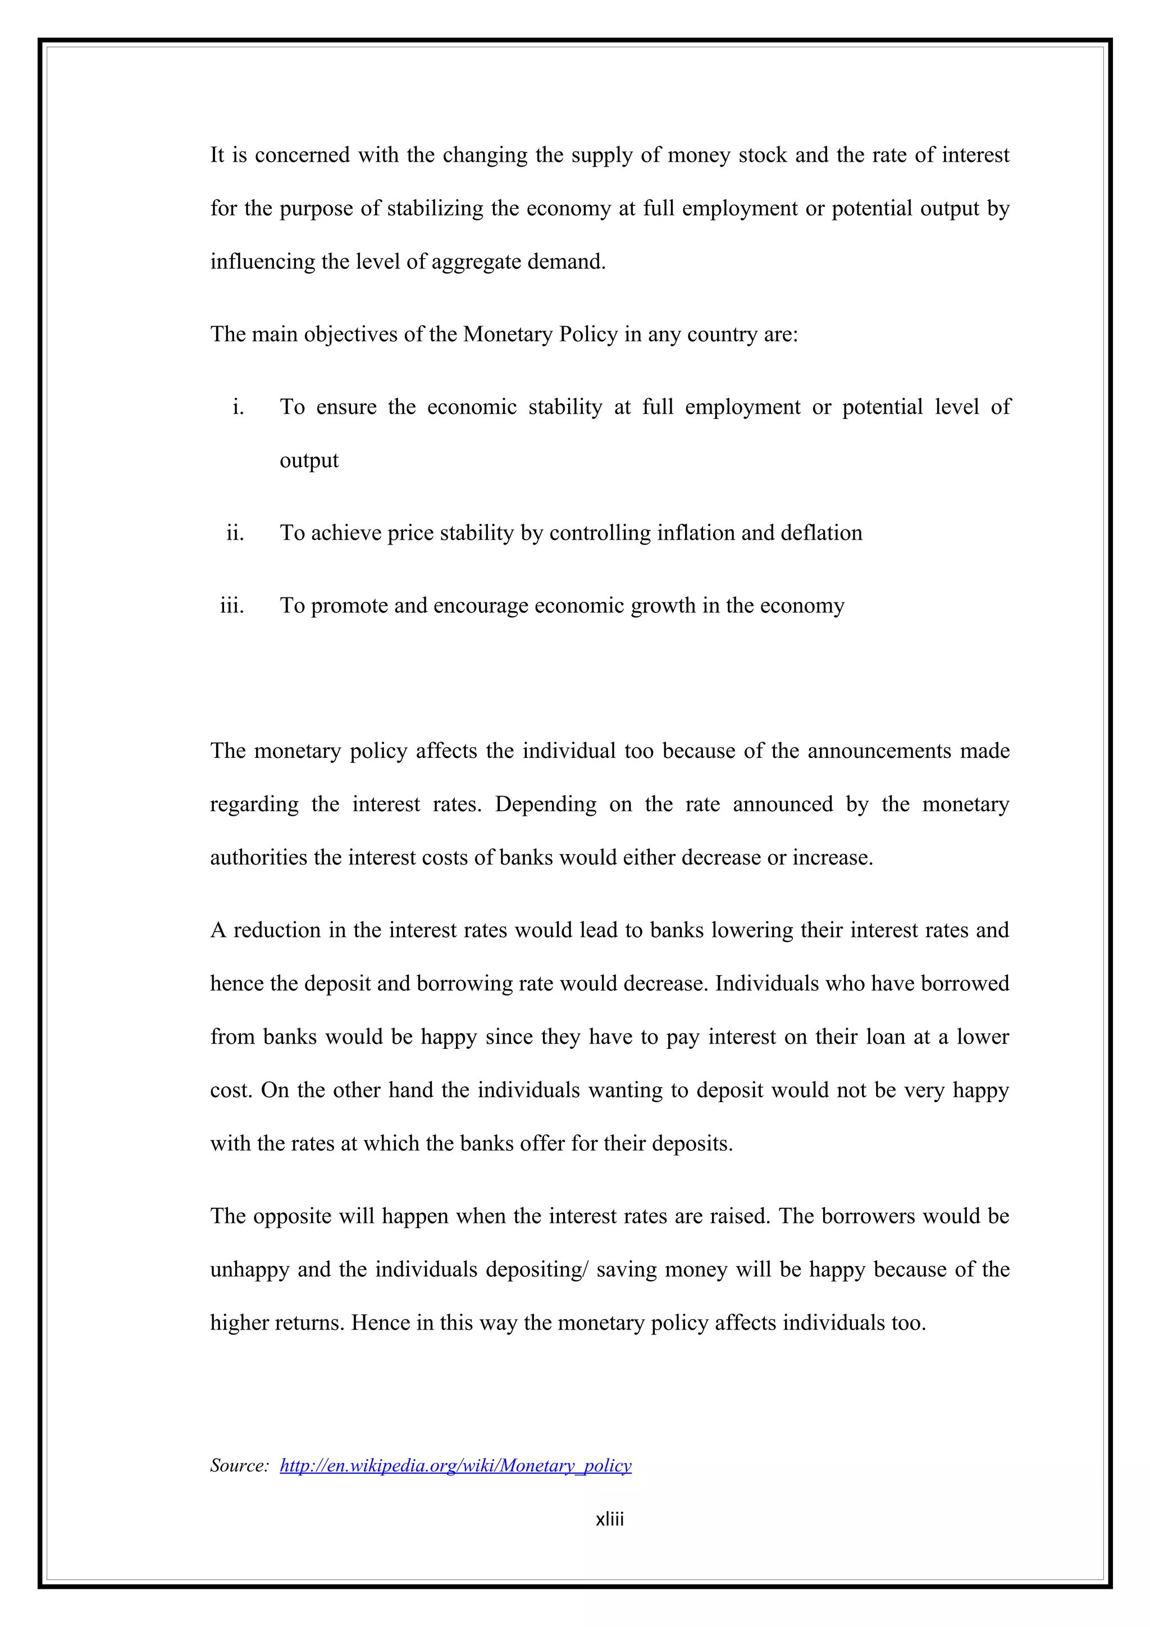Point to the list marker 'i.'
(x=238, y=406)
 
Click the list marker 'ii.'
(x=235, y=533)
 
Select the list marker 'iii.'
(x=232, y=606)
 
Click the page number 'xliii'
(x=609, y=1519)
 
